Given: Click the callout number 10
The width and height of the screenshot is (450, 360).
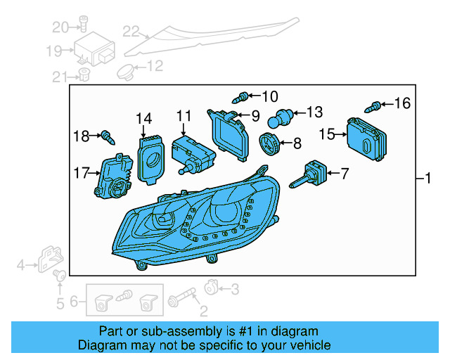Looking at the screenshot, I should pyautogui.click(x=269, y=96).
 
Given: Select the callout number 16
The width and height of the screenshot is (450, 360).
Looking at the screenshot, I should pyautogui.click(x=401, y=104).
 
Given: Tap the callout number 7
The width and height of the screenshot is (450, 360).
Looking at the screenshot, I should pyautogui.click(x=344, y=172).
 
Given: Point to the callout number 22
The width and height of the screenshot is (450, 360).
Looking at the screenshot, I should pyautogui.click(x=131, y=31).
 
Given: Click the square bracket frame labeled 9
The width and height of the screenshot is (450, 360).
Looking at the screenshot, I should pyautogui.click(x=230, y=134).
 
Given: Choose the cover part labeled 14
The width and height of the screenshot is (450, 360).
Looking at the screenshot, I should pyautogui.click(x=149, y=158).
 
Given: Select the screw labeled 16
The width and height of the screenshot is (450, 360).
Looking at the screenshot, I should pyautogui.click(x=375, y=106).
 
